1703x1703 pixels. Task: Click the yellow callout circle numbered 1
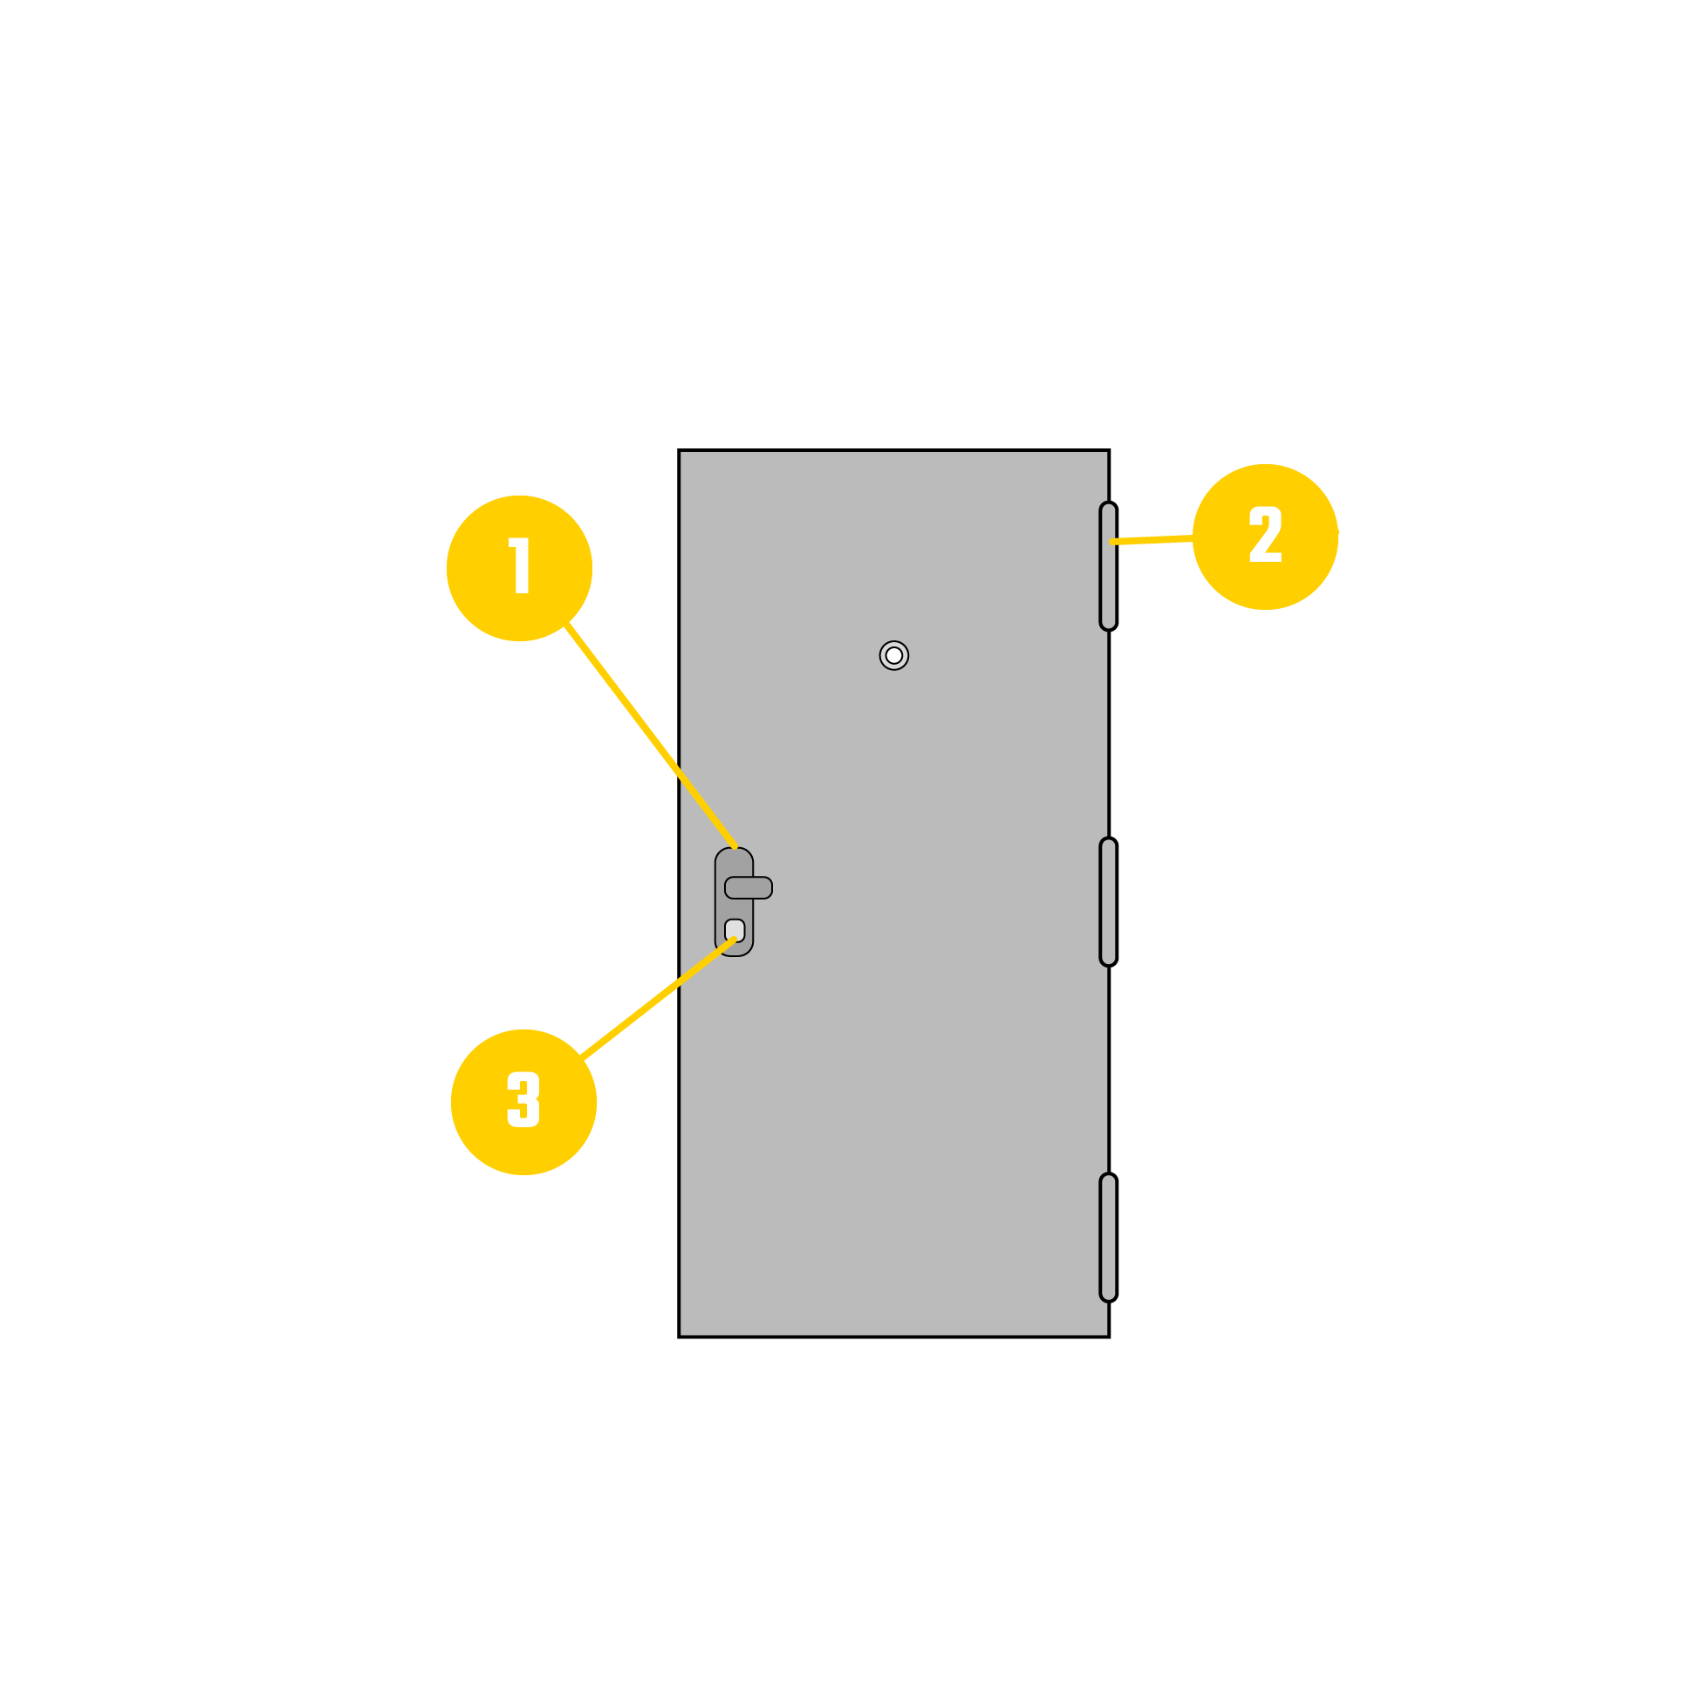coord(519,569)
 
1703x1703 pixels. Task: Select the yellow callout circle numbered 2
coord(1265,537)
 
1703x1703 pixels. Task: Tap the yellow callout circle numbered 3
coord(523,1102)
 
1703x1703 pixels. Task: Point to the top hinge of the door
coord(1109,567)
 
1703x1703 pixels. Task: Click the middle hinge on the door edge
coord(1109,902)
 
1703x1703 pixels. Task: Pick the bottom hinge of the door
coord(1109,1238)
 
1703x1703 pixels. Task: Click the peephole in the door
coord(893,656)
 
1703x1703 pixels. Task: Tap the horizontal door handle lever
coord(749,887)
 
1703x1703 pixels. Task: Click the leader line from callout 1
coord(650,735)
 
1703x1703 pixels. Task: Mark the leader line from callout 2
coord(1152,539)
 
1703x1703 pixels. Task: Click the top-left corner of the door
coord(679,450)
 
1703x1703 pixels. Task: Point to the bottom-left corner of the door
coord(679,1337)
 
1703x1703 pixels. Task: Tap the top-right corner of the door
coord(1109,450)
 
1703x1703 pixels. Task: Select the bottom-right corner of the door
coord(1109,1337)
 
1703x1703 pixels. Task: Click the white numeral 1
coord(519,565)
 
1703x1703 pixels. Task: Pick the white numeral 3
coord(523,1099)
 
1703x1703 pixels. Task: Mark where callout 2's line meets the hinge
coord(1111,542)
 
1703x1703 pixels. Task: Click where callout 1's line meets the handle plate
coord(735,847)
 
